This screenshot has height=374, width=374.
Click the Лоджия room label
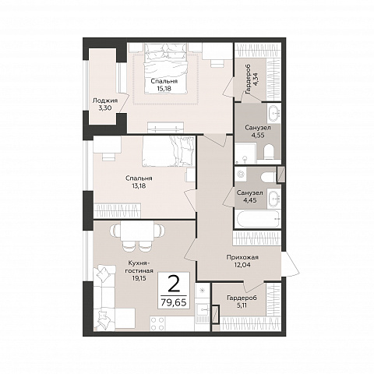pos(105,101)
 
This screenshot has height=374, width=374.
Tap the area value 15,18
pos(164,88)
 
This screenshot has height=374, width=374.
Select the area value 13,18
pos(139,185)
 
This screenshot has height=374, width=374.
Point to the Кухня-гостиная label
pos(139,266)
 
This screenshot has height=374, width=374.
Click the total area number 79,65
pos(174,302)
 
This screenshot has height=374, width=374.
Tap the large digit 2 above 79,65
pos(174,284)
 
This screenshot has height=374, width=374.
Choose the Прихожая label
pos(242,257)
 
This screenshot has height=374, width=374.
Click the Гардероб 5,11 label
pos(242,302)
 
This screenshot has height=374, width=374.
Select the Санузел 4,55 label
pos(258,131)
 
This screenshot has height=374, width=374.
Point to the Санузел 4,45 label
pos(249,196)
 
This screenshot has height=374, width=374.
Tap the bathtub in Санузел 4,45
pos(258,219)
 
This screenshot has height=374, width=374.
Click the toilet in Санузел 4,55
pos(269,153)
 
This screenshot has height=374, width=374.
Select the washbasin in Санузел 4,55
pos(273,113)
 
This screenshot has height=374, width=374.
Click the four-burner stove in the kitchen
pos(157,323)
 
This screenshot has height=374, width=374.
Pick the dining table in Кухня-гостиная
pos(137,231)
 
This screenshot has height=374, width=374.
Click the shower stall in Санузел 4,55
pos(245,153)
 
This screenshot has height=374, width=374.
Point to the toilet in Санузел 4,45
pos(268,178)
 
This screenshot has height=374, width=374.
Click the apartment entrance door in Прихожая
pos(290,264)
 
